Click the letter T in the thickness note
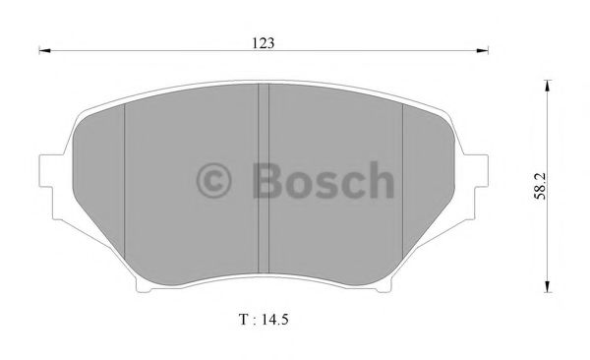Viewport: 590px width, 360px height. pyautogui.click(x=241, y=320)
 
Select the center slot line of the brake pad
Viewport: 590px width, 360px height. pyautogui.click(x=263, y=182)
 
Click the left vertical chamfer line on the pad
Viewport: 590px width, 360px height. pyautogui.click(x=125, y=182)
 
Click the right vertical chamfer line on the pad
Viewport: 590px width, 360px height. pyautogui.click(x=403, y=182)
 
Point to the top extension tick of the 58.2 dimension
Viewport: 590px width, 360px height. pyautogui.click(x=547, y=80)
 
